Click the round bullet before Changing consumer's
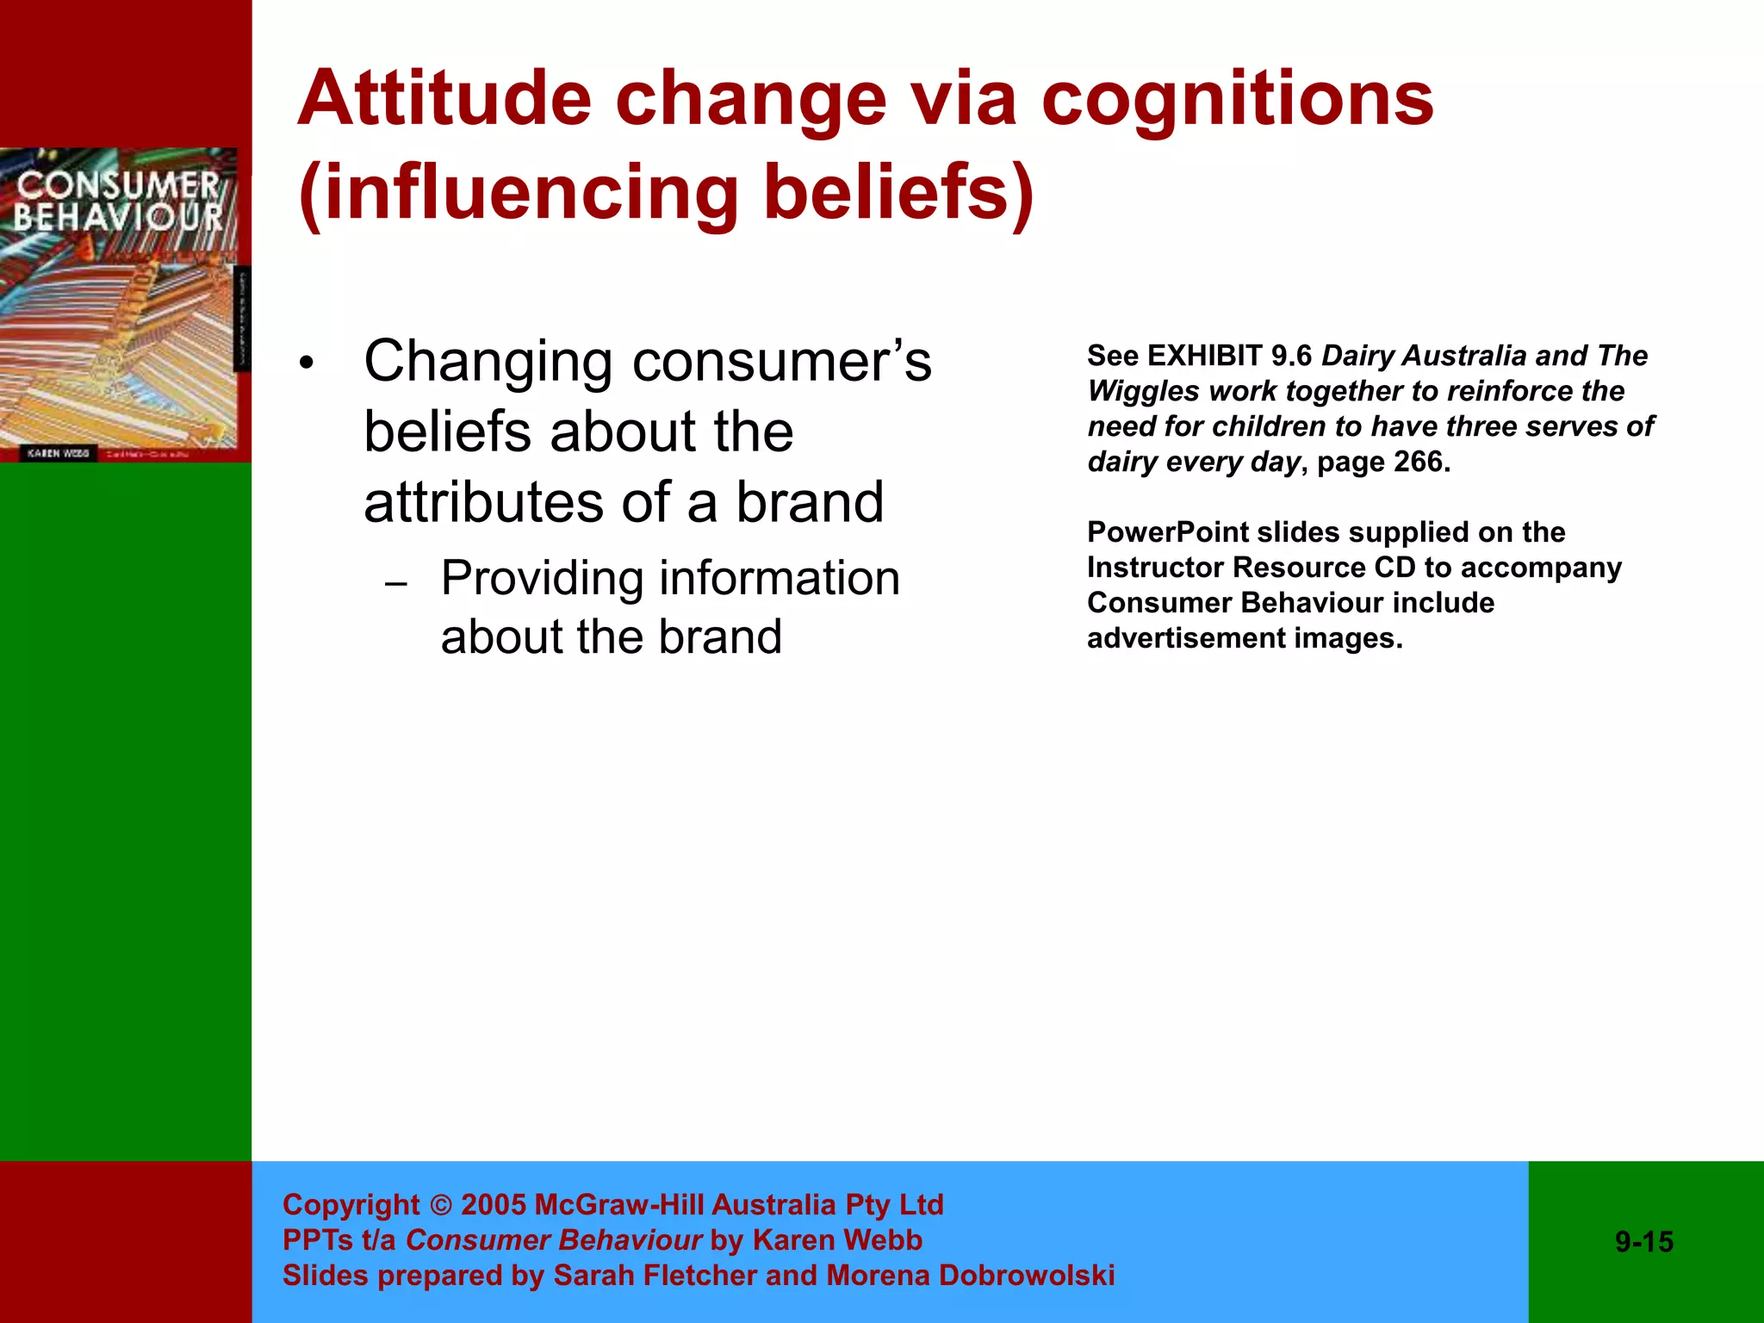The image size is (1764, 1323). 307,364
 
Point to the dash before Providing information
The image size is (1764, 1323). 396,585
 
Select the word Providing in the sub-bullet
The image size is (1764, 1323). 542,579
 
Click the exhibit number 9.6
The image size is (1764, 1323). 1291,356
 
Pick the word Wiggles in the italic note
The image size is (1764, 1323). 1144,391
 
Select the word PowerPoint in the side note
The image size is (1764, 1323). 1167,532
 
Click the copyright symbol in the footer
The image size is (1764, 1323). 440,1205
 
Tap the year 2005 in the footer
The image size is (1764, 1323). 494,1205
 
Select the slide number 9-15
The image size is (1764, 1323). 1644,1242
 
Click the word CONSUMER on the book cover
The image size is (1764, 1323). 118,184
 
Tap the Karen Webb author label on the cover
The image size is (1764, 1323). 58,453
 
